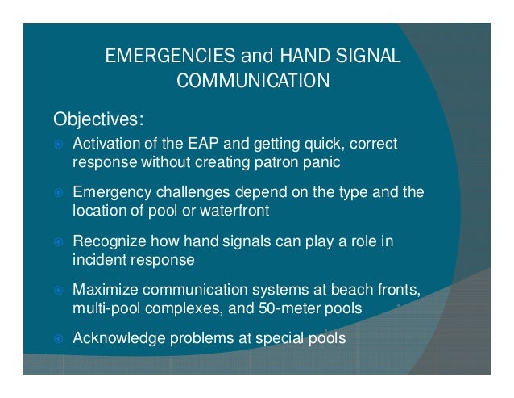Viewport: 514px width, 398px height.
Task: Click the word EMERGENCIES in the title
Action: [164, 57]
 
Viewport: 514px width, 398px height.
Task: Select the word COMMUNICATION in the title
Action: [252, 81]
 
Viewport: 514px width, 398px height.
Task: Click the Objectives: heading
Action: [98, 120]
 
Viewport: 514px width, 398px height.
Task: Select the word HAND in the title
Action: [300, 57]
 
